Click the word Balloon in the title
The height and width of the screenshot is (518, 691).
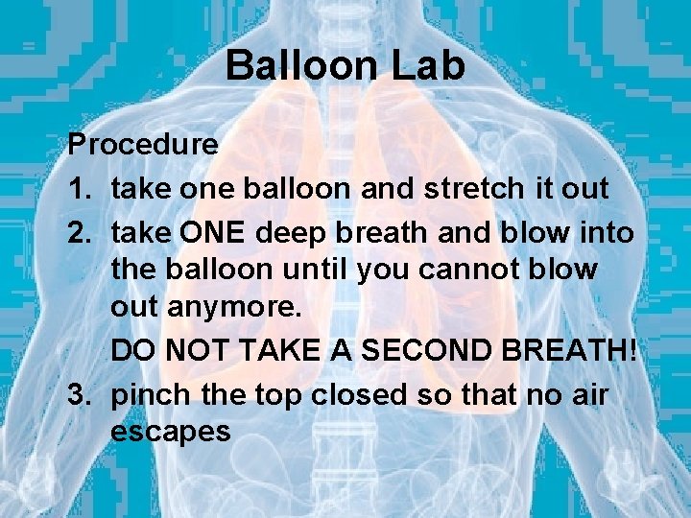(x=299, y=66)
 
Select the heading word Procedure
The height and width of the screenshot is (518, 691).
(x=143, y=146)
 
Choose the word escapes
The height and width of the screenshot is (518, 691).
(x=171, y=433)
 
